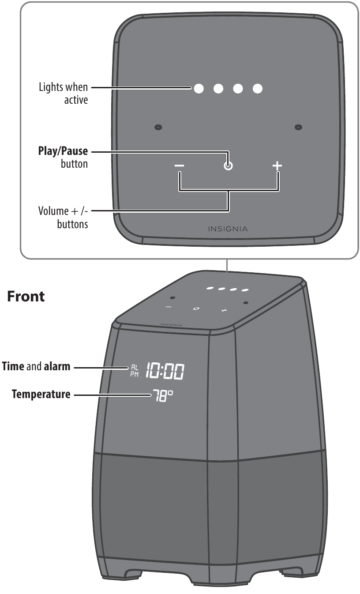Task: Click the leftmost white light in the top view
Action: point(199,88)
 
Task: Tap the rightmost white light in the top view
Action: point(258,88)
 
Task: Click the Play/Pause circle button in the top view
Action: point(228,166)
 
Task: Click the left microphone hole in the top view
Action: point(158,127)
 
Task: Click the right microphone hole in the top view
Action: point(298,127)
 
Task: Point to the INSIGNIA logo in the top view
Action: point(228,229)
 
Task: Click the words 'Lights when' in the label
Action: point(64,88)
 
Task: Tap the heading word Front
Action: point(26,297)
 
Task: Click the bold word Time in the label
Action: point(13,366)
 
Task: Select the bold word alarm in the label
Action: point(57,366)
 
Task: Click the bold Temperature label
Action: point(41,394)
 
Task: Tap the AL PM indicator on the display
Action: point(135,370)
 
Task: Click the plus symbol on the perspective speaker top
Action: point(224,311)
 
